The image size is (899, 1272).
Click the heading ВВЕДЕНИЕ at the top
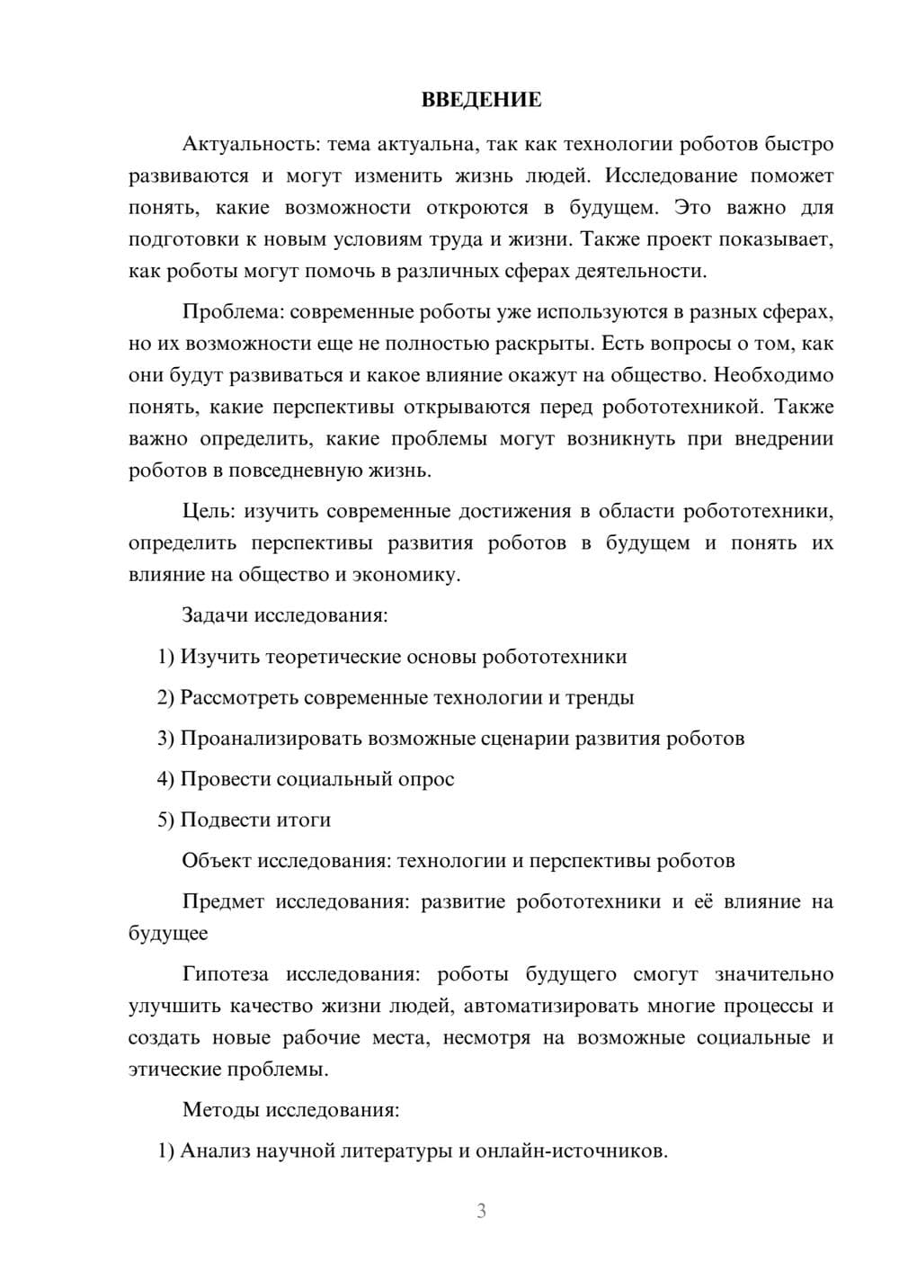pos(481,100)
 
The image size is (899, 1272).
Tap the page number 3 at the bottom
pos(481,1211)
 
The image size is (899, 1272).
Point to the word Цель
pos(209,512)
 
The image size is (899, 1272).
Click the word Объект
pos(217,861)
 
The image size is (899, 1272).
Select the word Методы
pos(220,1109)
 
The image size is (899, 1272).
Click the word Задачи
pos(215,616)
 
